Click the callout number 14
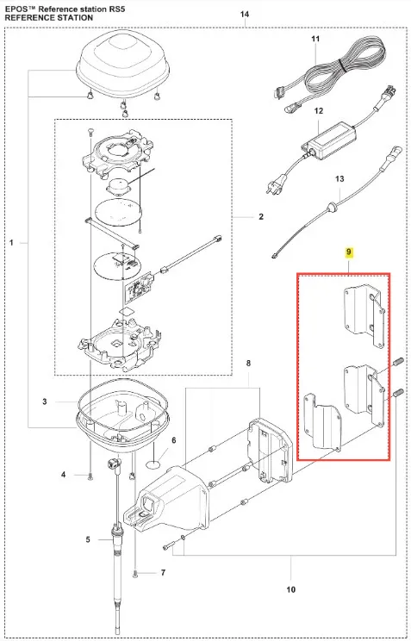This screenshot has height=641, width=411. click(x=244, y=15)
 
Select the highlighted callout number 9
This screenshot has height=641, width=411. click(x=348, y=252)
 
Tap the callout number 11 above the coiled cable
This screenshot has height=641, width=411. click(x=315, y=39)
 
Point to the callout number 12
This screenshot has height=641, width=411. click(x=319, y=111)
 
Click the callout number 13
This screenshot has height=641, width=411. click(x=339, y=178)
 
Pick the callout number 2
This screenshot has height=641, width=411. click(x=261, y=216)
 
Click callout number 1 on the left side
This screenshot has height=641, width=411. click(x=11, y=243)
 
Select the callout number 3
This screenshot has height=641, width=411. click(x=45, y=401)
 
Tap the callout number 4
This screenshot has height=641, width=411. click(x=64, y=475)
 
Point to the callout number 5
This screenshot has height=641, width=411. click(x=88, y=540)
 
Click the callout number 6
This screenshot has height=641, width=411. click(x=174, y=440)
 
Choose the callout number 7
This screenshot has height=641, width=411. click(x=163, y=573)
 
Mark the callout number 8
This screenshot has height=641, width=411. click(x=248, y=364)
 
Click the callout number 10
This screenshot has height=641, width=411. click(x=290, y=589)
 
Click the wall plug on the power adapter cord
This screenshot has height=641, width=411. click(x=271, y=188)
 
